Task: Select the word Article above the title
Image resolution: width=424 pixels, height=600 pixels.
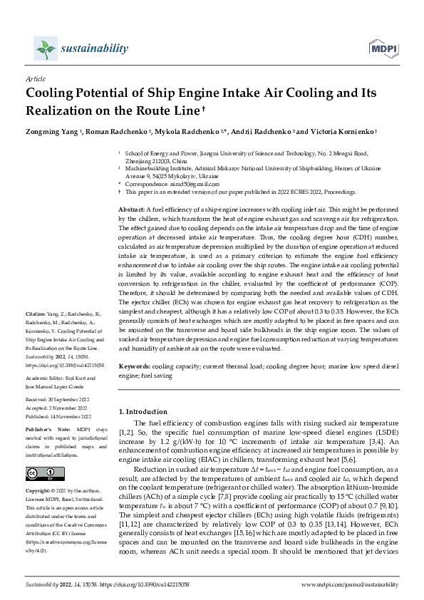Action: coord(35,80)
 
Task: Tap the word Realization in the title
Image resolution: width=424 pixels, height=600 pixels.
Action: coord(61,110)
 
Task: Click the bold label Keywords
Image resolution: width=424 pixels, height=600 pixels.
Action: coord(135,366)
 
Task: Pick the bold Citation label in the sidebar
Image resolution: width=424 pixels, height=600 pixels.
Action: coord(36,333)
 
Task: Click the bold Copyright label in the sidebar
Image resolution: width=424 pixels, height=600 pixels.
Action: coord(39,491)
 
